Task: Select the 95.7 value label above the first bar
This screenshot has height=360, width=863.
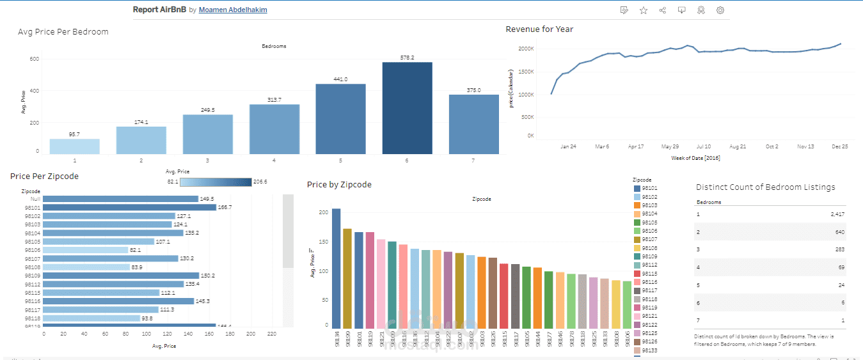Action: pyautogui.click(x=74, y=134)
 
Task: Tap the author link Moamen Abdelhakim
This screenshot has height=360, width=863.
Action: pyautogui.click(x=233, y=10)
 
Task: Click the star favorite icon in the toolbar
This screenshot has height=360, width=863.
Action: pyautogui.click(x=644, y=10)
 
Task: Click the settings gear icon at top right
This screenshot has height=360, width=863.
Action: pyautogui.click(x=720, y=10)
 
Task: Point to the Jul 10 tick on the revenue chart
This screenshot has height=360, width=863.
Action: pyautogui.click(x=703, y=146)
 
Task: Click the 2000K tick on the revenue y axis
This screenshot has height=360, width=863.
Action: pyautogui.click(x=526, y=49)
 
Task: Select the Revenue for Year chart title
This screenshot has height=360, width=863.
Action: pyautogui.click(x=539, y=29)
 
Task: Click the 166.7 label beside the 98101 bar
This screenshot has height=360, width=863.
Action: pyautogui.click(x=225, y=207)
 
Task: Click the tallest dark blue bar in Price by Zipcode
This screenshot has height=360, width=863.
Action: pyautogui.click(x=336, y=267)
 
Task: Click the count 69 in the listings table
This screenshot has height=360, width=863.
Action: pyautogui.click(x=841, y=267)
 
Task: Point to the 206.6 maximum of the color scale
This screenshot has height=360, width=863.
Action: pyautogui.click(x=260, y=182)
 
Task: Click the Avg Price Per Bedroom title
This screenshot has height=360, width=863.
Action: pyautogui.click(x=63, y=31)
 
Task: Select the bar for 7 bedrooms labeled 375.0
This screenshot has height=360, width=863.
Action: pyautogui.click(x=473, y=124)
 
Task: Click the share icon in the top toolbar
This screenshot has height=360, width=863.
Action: pyautogui.click(x=662, y=10)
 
